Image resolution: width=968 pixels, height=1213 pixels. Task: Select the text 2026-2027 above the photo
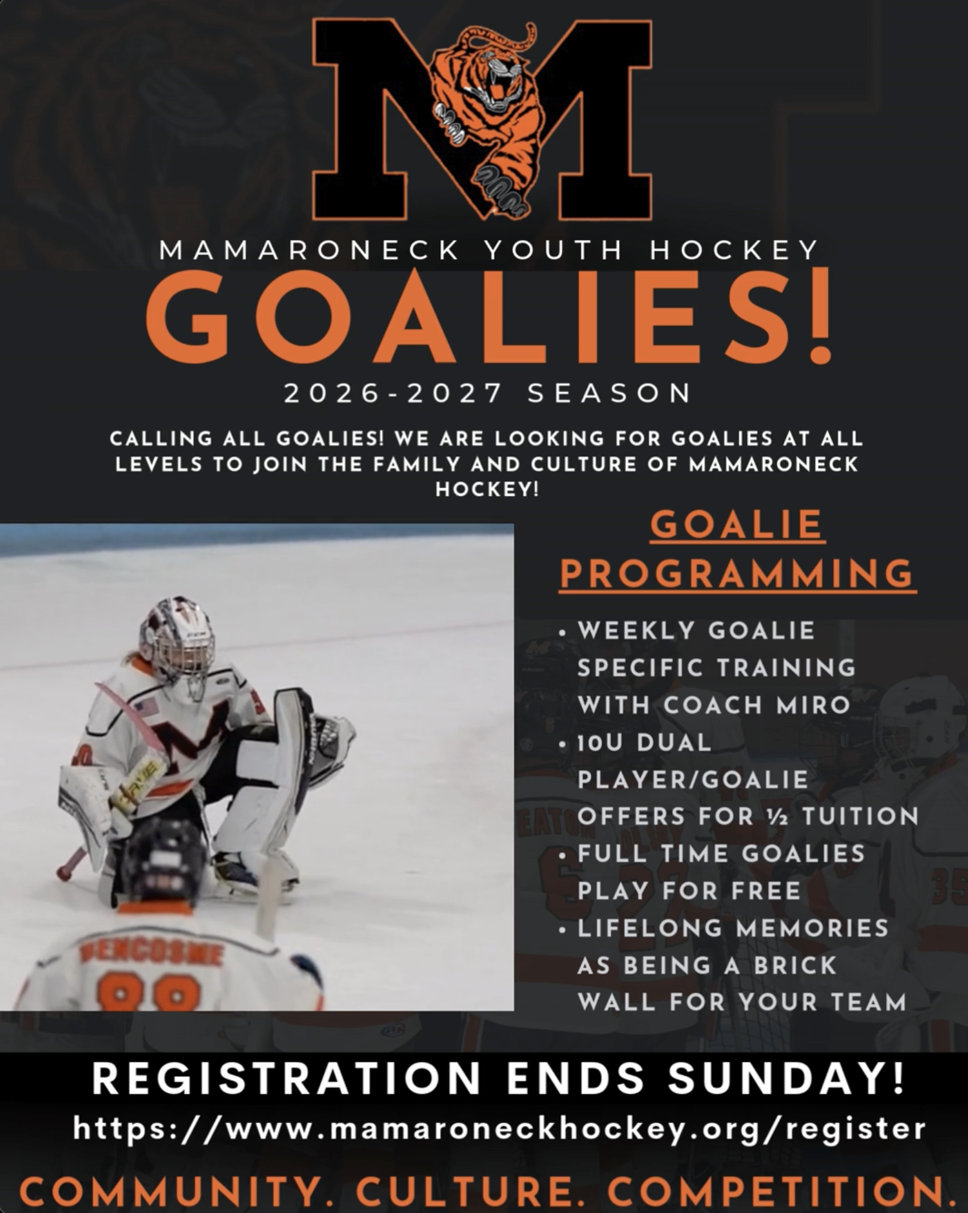pyautogui.click(x=393, y=393)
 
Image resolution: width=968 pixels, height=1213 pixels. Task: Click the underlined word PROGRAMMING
pyautogui.click(x=738, y=573)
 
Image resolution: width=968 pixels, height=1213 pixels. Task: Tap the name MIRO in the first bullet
pyautogui.click(x=813, y=705)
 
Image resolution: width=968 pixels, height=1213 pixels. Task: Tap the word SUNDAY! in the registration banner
pyautogui.click(x=786, y=1078)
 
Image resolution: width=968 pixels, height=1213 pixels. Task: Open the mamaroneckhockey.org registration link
pyautogui.click(x=499, y=1129)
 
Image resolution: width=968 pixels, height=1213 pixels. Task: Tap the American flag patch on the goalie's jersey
pyautogui.click(x=146, y=708)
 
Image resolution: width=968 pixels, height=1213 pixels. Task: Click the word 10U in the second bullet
pyautogui.click(x=600, y=743)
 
